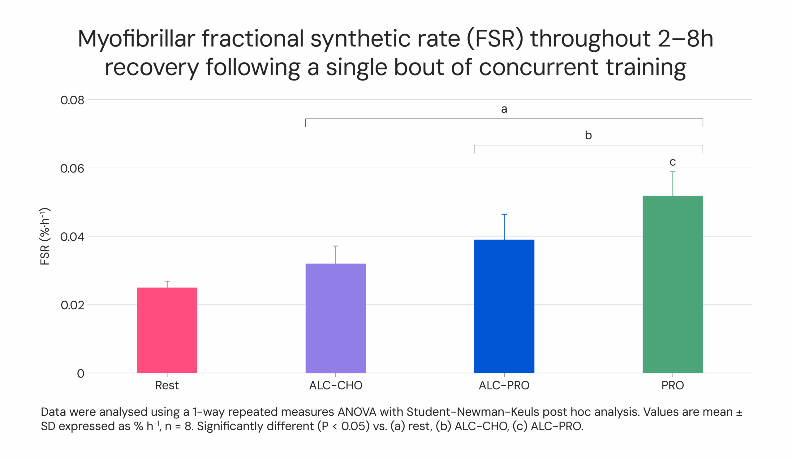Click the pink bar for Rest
(x=167, y=330)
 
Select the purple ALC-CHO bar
(x=335, y=318)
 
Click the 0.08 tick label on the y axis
(x=72, y=100)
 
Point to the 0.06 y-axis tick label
(x=72, y=168)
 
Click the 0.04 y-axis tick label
(x=72, y=237)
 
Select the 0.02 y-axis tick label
(x=72, y=305)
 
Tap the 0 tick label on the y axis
(x=80, y=374)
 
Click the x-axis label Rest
(x=167, y=385)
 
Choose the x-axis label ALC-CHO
(x=335, y=385)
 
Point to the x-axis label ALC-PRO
(x=504, y=385)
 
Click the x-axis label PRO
(x=672, y=385)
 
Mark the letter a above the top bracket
(x=504, y=109)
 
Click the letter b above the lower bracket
(x=588, y=135)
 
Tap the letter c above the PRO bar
(x=672, y=162)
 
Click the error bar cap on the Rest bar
(x=167, y=281)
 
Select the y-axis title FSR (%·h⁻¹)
(x=45, y=236)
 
